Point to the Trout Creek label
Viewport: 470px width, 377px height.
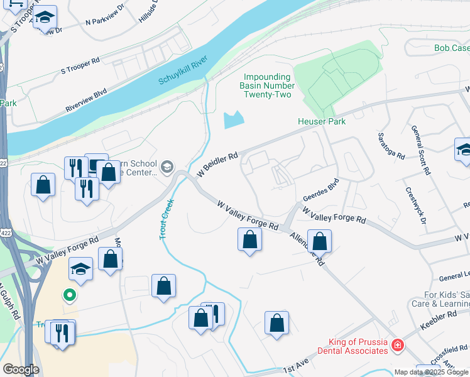(x=166, y=218)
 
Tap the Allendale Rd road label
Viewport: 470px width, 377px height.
(x=307, y=249)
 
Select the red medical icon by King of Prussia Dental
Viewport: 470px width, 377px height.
(x=397, y=345)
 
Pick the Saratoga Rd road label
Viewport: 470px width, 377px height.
(x=386, y=145)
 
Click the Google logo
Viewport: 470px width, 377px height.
(x=21, y=369)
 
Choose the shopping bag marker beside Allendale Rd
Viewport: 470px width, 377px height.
(x=319, y=241)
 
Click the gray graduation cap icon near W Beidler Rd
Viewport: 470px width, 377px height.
(x=167, y=167)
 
